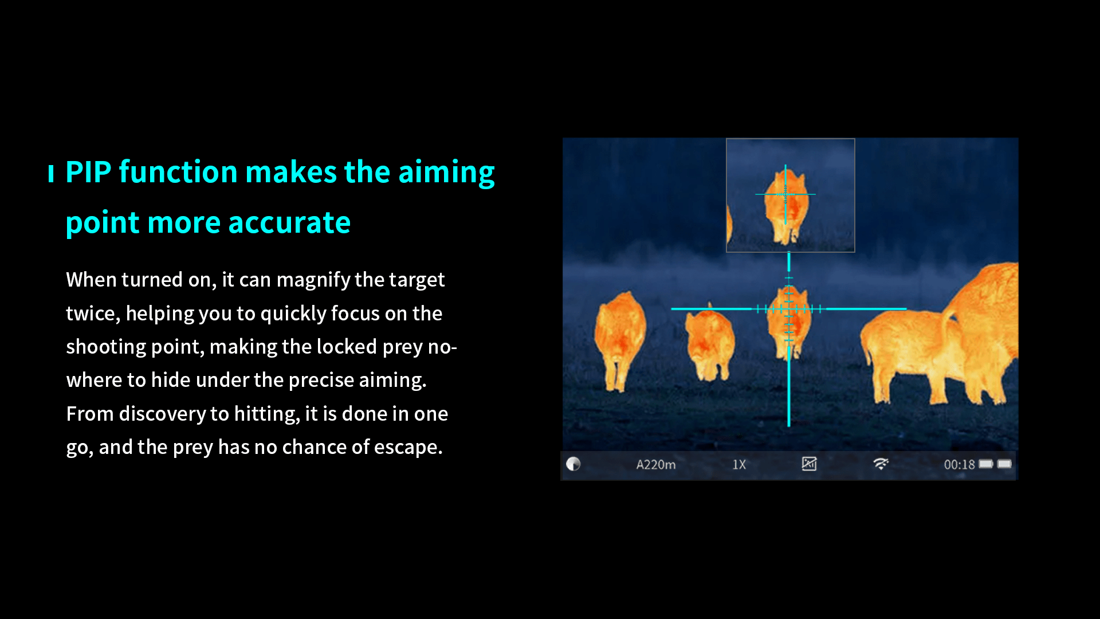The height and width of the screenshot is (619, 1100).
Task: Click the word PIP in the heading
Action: click(x=88, y=172)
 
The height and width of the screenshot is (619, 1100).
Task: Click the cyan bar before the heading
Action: click(x=51, y=173)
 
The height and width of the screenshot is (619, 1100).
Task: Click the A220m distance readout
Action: click(x=656, y=465)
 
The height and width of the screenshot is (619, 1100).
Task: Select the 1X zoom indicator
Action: click(x=739, y=465)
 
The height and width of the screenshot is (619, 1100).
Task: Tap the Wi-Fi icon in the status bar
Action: click(x=881, y=464)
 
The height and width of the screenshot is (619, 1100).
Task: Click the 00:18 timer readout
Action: click(x=959, y=465)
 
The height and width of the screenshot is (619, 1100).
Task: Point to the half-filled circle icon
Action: click(x=573, y=464)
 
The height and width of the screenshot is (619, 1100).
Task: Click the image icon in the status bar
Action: click(x=809, y=464)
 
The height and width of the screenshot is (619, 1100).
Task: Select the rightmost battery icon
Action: click(x=1004, y=464)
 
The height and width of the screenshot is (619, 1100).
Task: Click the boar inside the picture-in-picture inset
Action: click(x=786, y=203)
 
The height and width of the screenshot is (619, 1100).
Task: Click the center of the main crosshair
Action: click(x=789, y=309)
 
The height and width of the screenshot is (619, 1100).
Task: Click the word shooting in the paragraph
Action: click(x=106, y=347)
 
